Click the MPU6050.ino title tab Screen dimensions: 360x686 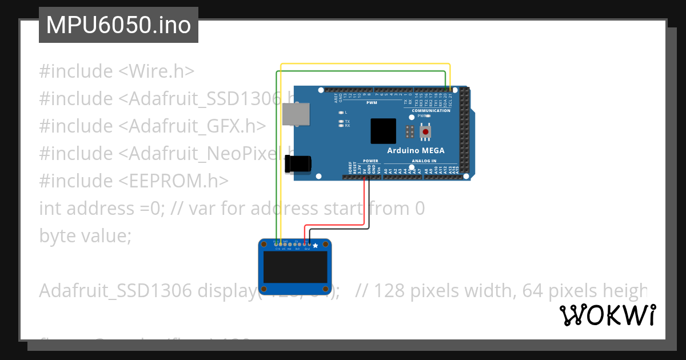(118, 25)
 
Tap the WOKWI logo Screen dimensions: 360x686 (607, 315)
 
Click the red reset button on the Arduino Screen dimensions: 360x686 (425, 133)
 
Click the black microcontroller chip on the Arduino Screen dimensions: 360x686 (383, 131)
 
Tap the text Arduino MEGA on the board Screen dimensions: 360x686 (416, 151)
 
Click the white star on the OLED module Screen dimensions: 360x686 (315, 245)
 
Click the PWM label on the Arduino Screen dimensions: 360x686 (372, 102)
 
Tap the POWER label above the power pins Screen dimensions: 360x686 (370, 161)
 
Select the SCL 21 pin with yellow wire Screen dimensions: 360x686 (450, 90)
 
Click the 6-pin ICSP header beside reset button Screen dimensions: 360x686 (409, 131)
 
